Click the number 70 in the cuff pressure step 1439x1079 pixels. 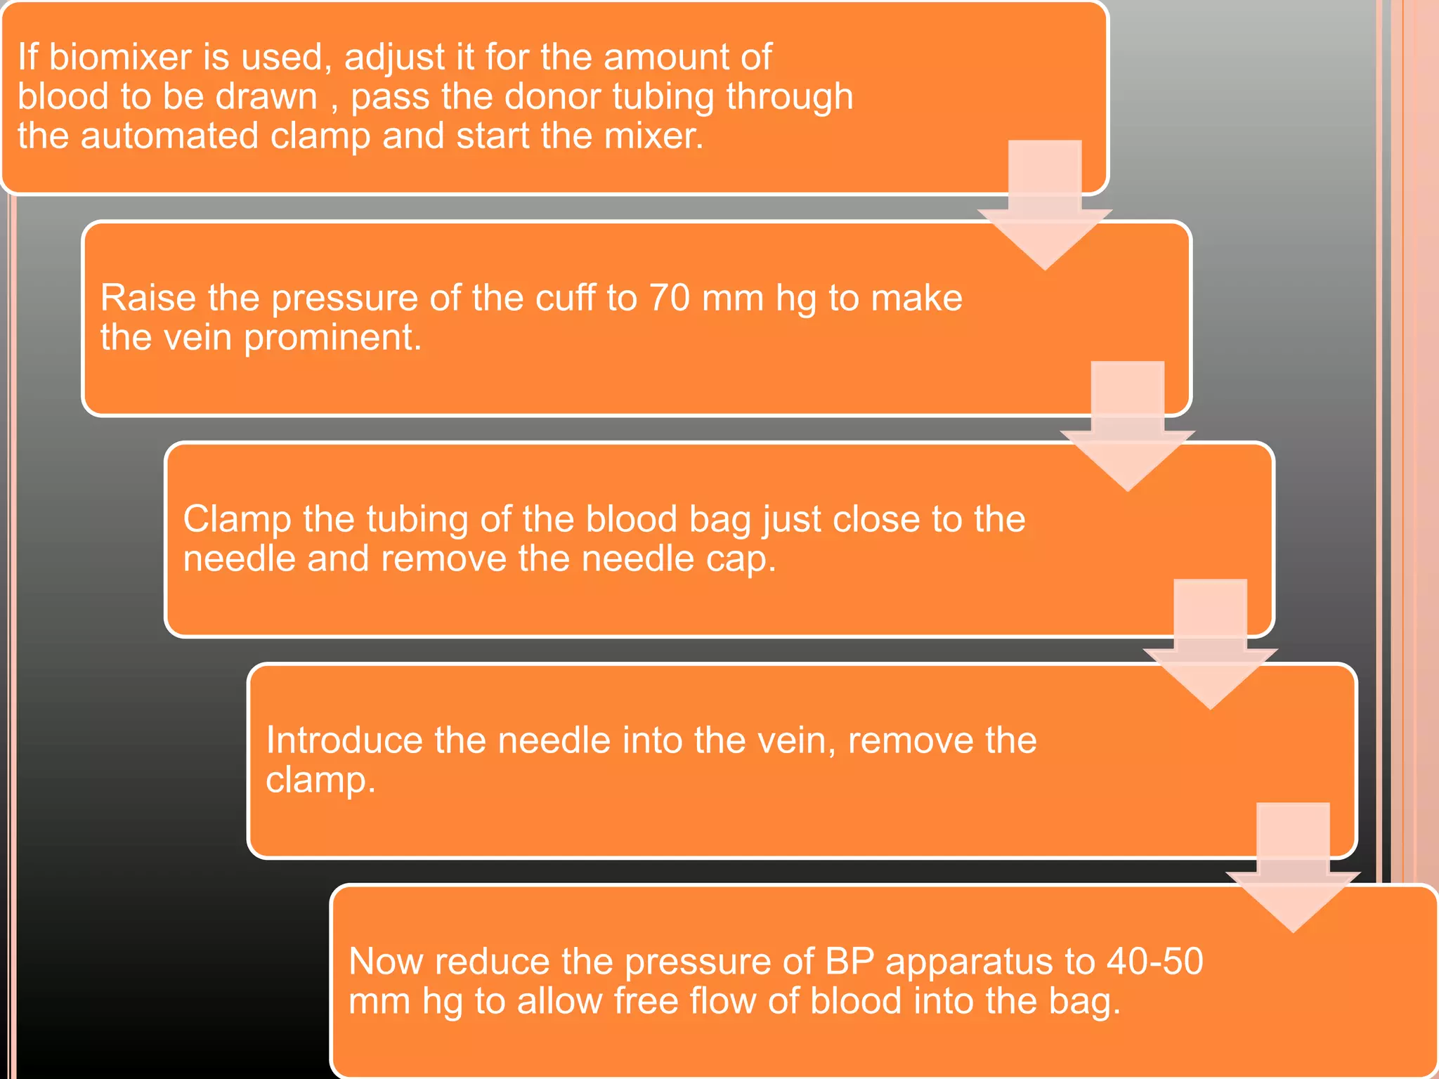click(x=669, y=298)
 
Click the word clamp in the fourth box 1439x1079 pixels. click(x=320, y=780)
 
